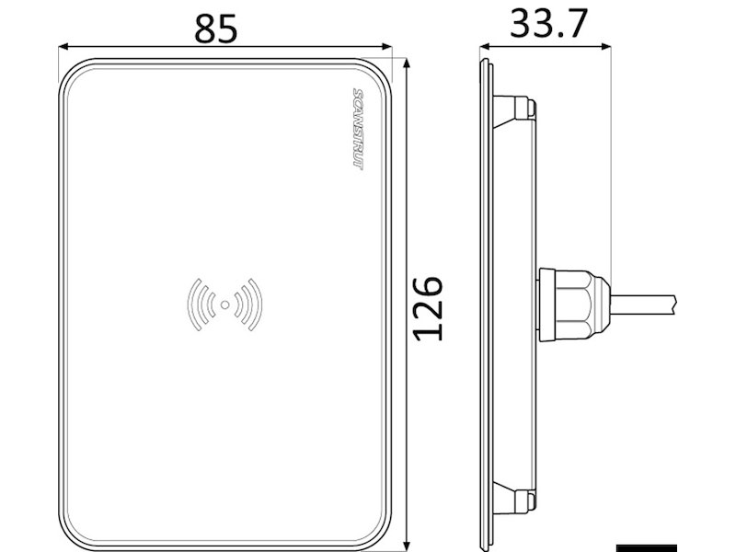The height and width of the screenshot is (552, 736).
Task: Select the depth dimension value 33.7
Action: [548, 24]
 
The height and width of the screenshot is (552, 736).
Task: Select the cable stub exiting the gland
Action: [644, 303]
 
